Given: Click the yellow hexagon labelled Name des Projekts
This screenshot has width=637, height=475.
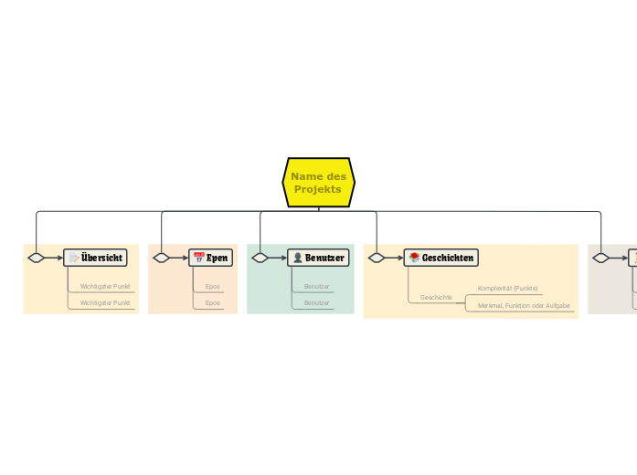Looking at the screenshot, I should pos(318,182).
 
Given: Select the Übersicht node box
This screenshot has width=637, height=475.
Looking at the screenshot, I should pos(95,258).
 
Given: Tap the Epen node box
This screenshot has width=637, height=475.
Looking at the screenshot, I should pos(211,258).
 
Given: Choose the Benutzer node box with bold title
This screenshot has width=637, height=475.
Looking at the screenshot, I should pos(318,258).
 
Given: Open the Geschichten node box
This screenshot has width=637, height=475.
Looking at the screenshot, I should pos(441,258).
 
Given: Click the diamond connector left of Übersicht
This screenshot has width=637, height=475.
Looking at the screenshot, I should pos(37,258).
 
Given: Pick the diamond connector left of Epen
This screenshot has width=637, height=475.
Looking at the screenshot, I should pos(162,258).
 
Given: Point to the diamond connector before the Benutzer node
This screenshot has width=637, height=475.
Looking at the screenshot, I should pos(260,258).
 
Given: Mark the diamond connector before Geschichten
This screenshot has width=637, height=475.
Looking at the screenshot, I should pos(377,258).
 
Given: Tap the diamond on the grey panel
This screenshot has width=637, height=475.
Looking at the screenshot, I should pos(600,258).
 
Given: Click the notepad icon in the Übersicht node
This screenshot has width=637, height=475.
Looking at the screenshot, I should pos(73,258).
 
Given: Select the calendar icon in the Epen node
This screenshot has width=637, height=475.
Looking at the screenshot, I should pos(198,258).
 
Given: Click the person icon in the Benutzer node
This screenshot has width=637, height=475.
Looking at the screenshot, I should pos(297,258).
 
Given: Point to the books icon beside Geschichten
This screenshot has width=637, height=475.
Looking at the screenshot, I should pos(414,258).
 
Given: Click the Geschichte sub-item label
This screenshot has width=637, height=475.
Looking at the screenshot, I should pos(436,298).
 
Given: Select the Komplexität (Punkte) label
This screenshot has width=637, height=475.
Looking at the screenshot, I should pos(507,288).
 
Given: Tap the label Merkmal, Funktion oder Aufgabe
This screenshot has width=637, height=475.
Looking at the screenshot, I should pos(524,305).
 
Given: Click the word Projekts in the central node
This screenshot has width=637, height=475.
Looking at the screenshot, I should pos(318,189).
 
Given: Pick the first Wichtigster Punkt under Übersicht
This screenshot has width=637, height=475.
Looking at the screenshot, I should pos(105,286).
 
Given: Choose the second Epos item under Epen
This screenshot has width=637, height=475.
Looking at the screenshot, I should pos(213,302).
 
